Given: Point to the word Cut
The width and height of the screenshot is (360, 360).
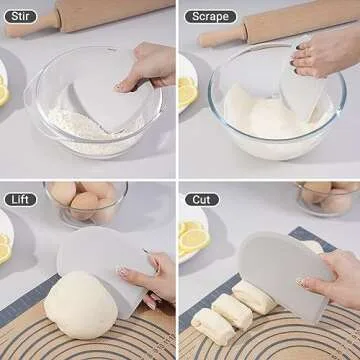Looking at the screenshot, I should pos(199,199).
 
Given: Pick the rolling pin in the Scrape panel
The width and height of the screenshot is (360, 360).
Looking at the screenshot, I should pos(270,22).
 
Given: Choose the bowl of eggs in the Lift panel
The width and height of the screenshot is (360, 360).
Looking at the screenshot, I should pos(85,203).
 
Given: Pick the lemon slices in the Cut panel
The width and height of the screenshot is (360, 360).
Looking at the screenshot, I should pos(192,238).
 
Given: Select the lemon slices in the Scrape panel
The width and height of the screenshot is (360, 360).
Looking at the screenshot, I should pos(187,92).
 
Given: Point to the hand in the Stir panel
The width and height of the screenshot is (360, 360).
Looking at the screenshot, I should pos(150,65).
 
